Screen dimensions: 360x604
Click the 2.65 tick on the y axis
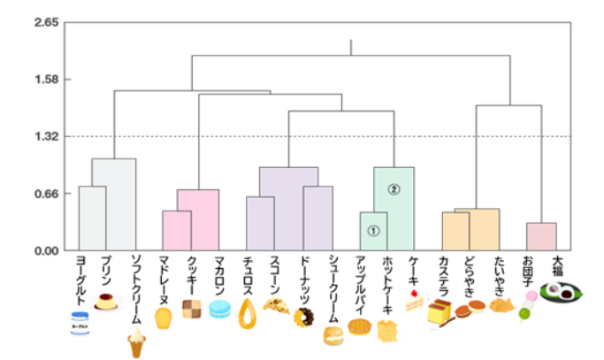[x=45, y=22]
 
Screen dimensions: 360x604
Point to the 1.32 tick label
[x=45, y=136]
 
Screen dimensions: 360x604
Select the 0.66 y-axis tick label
[x=45, y=194]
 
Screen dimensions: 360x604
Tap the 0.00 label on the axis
[x=45, y=250]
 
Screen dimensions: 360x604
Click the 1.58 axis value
[x=45, y=80]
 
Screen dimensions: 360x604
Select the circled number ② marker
[x=394, y=189]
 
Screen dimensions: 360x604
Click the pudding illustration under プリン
[x=108, y=303]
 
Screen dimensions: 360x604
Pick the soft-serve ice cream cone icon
[x=136, y=341]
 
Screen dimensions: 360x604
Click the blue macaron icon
[x=219, y=309]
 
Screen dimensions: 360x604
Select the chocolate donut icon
[x=303, y=317]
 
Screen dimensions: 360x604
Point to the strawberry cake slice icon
[x=415, y=302]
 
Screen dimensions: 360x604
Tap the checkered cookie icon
[x=191, y=307]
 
